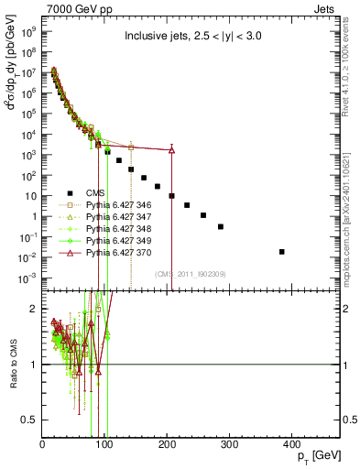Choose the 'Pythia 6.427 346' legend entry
[x=116, y=206]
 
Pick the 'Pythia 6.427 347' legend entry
[x=116, y=218]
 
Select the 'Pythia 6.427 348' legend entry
[x=116, y=230]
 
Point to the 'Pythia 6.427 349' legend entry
[x=116, y=242]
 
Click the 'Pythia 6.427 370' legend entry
[x=116, y=254]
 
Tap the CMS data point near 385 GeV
[x=282, y=251]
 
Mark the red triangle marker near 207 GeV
[x=171, y=150]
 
